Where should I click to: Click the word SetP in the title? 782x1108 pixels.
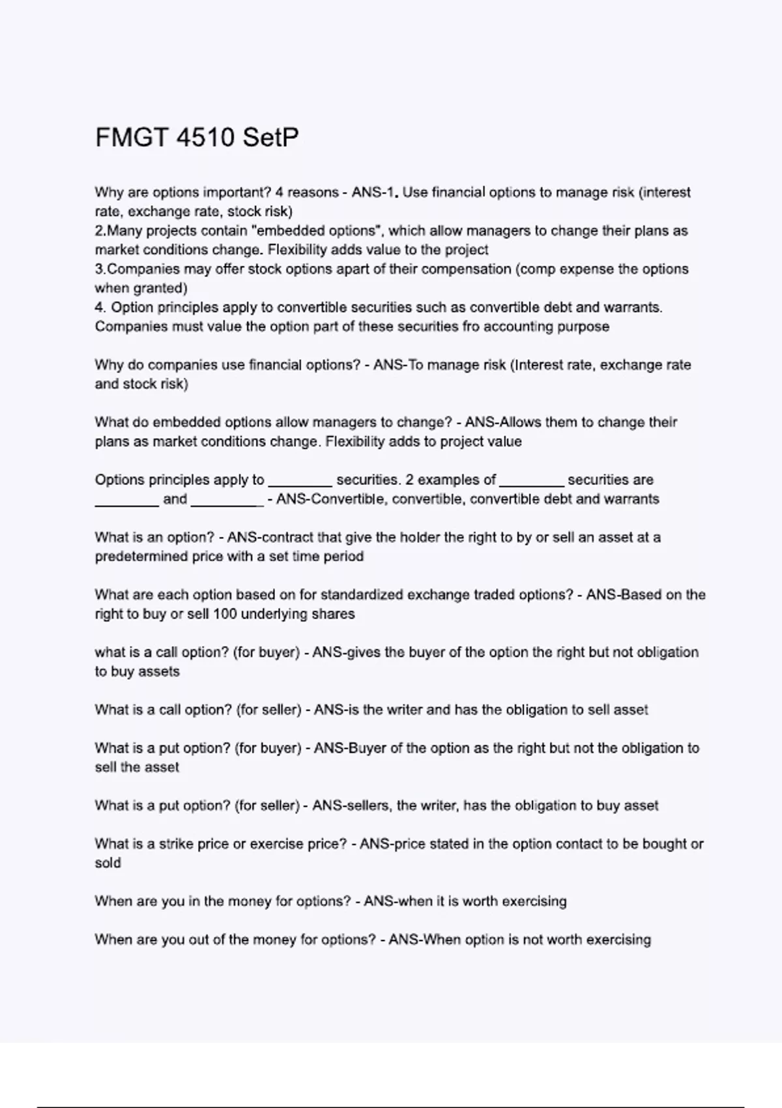click(x=270, y=138)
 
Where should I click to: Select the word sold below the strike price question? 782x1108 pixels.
click(x=108, y=863)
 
